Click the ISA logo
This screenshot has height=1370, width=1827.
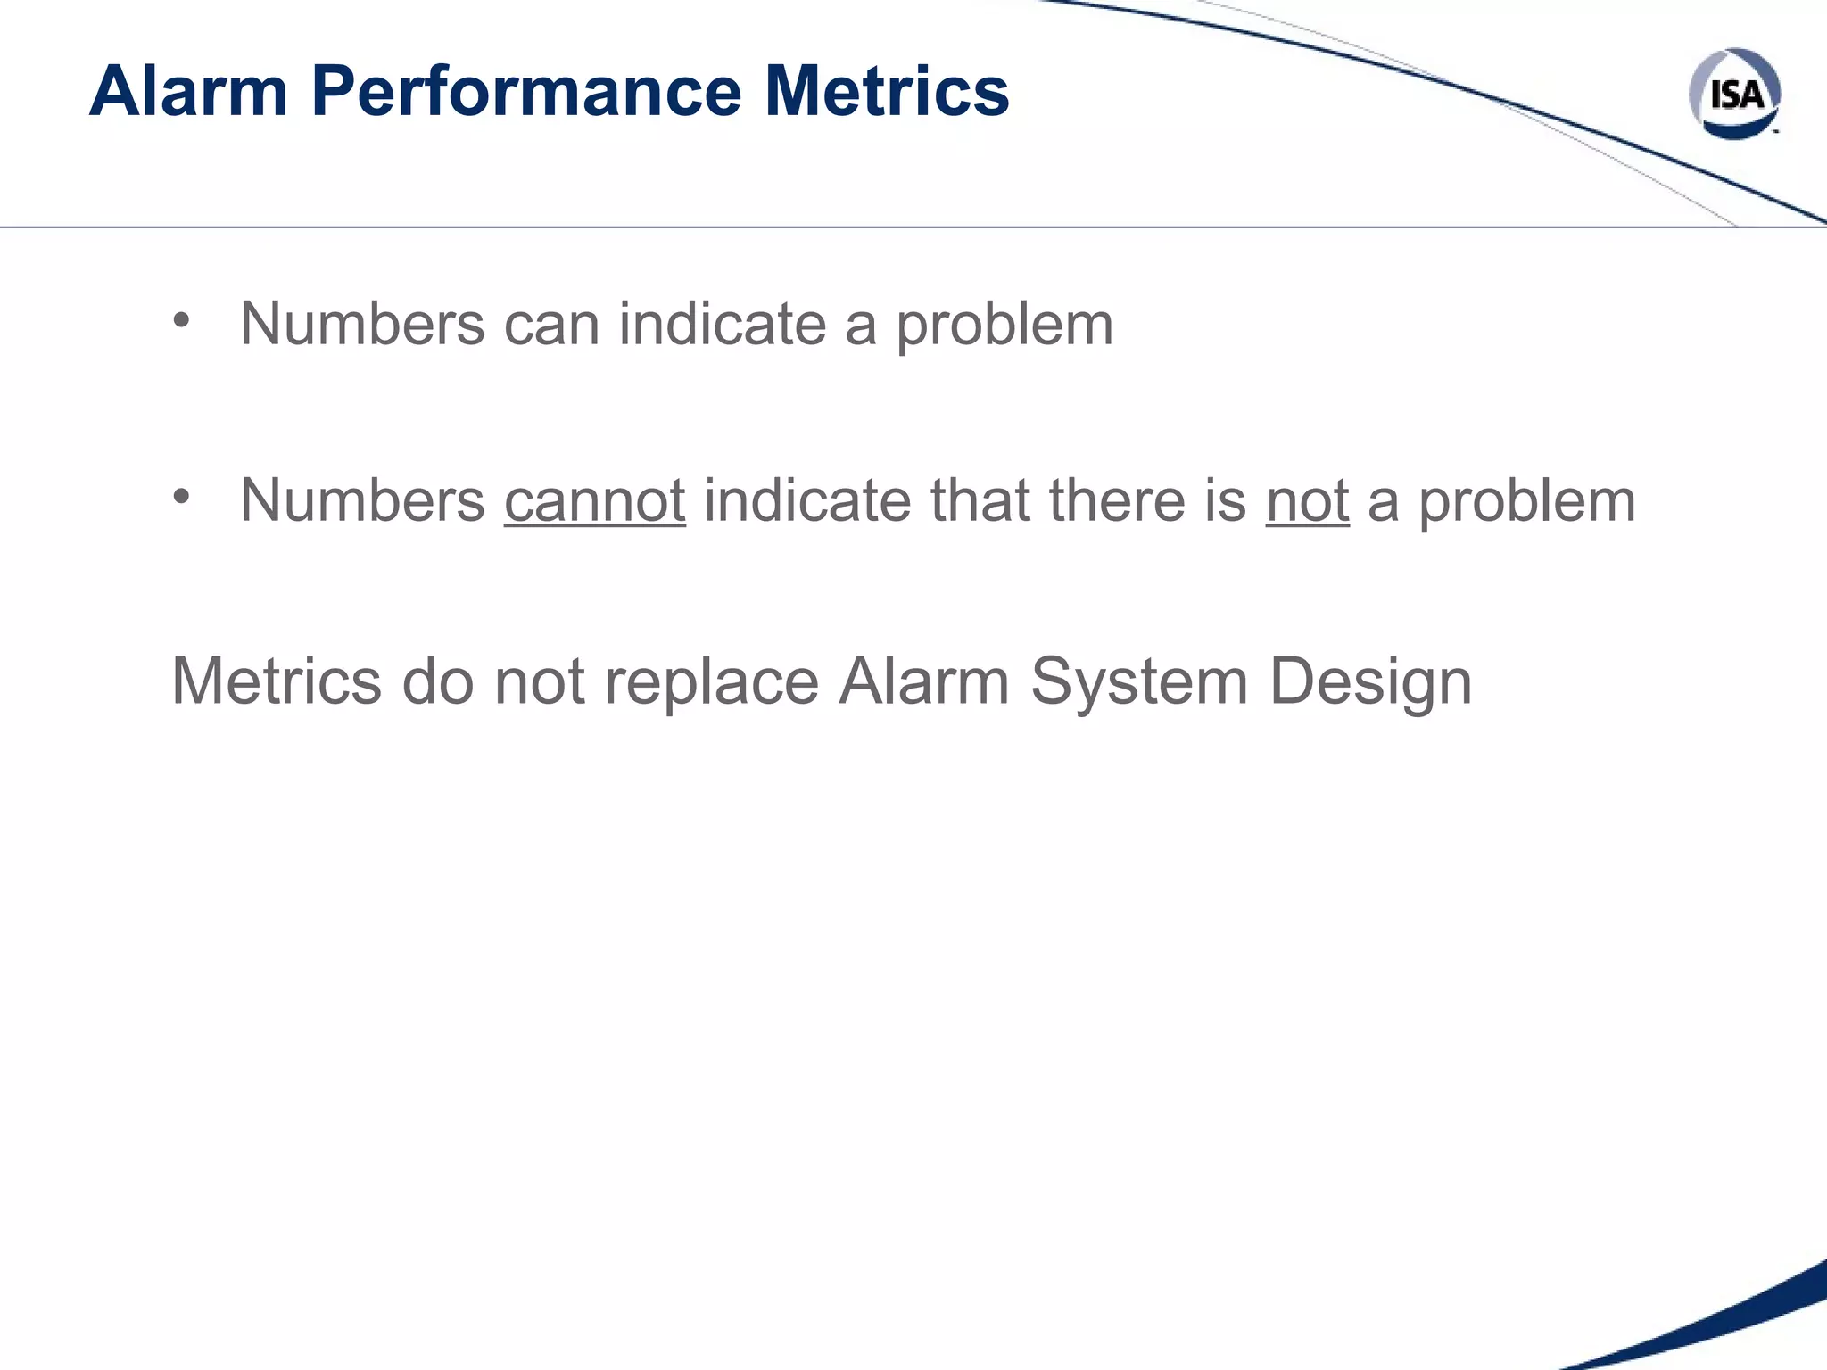coord(1734,94)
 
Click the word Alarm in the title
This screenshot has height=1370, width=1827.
coord(188,91)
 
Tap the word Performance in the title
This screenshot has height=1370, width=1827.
coord(525,91)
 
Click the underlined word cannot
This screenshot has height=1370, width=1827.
coord(594,500)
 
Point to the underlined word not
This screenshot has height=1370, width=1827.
coord(1307,500)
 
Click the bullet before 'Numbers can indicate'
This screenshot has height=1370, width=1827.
coord(182,320)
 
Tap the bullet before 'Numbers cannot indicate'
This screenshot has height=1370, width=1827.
coord(182,497)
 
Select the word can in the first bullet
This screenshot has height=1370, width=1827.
coord(551,324)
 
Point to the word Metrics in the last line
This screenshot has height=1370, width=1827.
coord(276,681)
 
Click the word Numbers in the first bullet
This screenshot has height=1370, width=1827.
coord(362,324)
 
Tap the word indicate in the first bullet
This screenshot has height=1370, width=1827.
coord(723,324)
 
